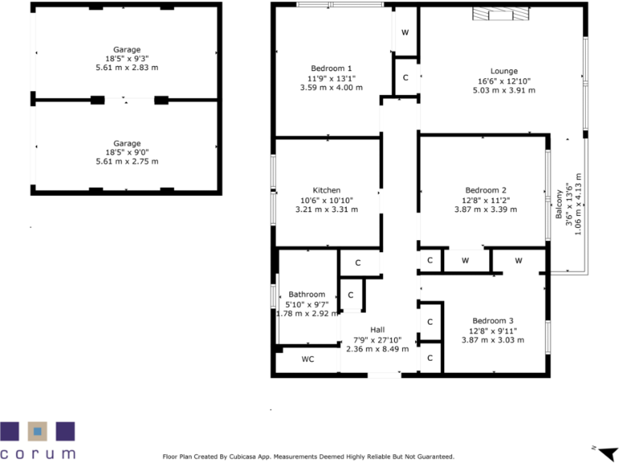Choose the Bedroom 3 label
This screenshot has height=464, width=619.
pyautogui.click(x=492, y=320)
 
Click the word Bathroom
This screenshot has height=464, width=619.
pyautogui.click(x=306, y=294)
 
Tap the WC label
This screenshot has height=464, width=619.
pyautogui.click(x=308, y=359)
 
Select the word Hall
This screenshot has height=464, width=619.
pyautogui.click(x=377, y=329)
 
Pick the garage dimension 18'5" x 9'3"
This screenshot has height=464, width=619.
pyautogui.click(x=127, y=59)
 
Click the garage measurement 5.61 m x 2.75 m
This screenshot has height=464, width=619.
pyautogui.click(x=127, y=162)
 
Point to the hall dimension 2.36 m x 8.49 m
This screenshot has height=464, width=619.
pyautogui.click(x=377, y=349)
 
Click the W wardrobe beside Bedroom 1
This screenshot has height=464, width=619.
pyautogui.click(x=405, y=32)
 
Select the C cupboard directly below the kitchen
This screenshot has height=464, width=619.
pyautogui.click(x=357, y=263)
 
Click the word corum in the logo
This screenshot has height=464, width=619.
pyautogui.click(x=38, y=454)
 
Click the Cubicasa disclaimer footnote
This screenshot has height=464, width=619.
pyautogui.click(x=309, y=456)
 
